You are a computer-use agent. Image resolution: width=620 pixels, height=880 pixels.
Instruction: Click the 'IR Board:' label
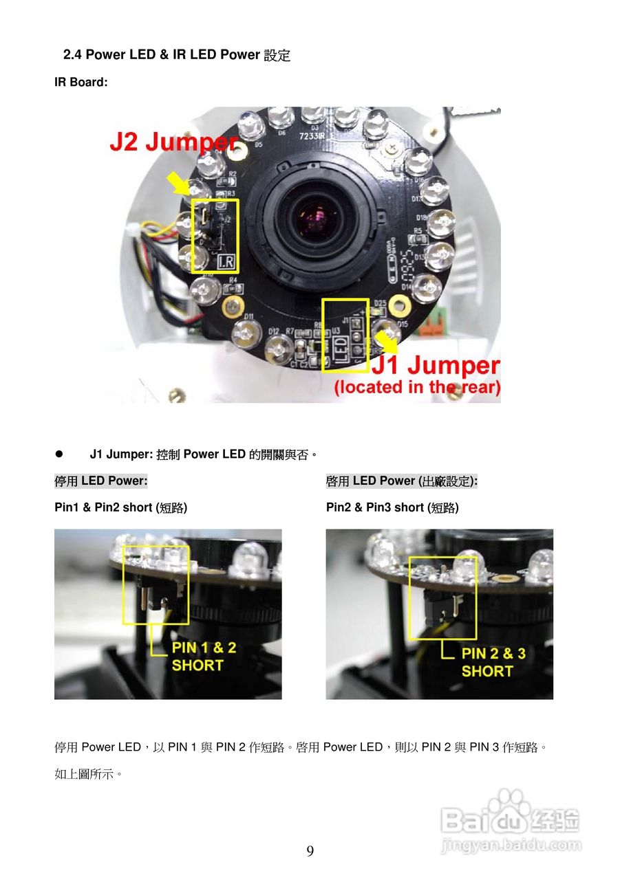[x=81, y=82]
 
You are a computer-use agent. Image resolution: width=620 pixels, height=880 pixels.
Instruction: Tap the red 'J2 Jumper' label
[x=173, y=143]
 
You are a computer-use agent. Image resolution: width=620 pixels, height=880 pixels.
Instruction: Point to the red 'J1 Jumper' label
[x=435, y=366]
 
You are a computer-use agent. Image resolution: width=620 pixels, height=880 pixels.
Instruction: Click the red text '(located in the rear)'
[x=417, y=388]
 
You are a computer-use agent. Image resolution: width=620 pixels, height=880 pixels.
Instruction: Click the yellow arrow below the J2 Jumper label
[x=180, y=184]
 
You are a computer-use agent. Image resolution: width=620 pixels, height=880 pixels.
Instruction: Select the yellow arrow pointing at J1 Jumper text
[x=385, y=340]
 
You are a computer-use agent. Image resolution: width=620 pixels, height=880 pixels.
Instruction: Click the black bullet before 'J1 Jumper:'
[x=59, y=454]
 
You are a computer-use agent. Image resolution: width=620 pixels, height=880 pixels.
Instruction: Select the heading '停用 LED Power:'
[x=101, y=481]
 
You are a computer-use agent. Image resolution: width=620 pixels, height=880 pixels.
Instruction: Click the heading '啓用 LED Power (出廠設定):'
[x=401, y=481]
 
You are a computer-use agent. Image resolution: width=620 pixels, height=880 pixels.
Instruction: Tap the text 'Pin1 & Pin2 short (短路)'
[x=120, y=508]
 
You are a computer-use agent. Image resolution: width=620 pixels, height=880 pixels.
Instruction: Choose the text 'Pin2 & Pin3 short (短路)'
[x=392, y=508]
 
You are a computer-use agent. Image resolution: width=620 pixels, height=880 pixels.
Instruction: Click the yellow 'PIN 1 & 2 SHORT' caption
[x=203, y=657]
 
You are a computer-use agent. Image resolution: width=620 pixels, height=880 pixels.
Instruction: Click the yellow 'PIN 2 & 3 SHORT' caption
[x=493, y=662]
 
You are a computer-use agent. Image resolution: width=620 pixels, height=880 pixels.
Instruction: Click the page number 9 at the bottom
[x=310, y=851]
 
